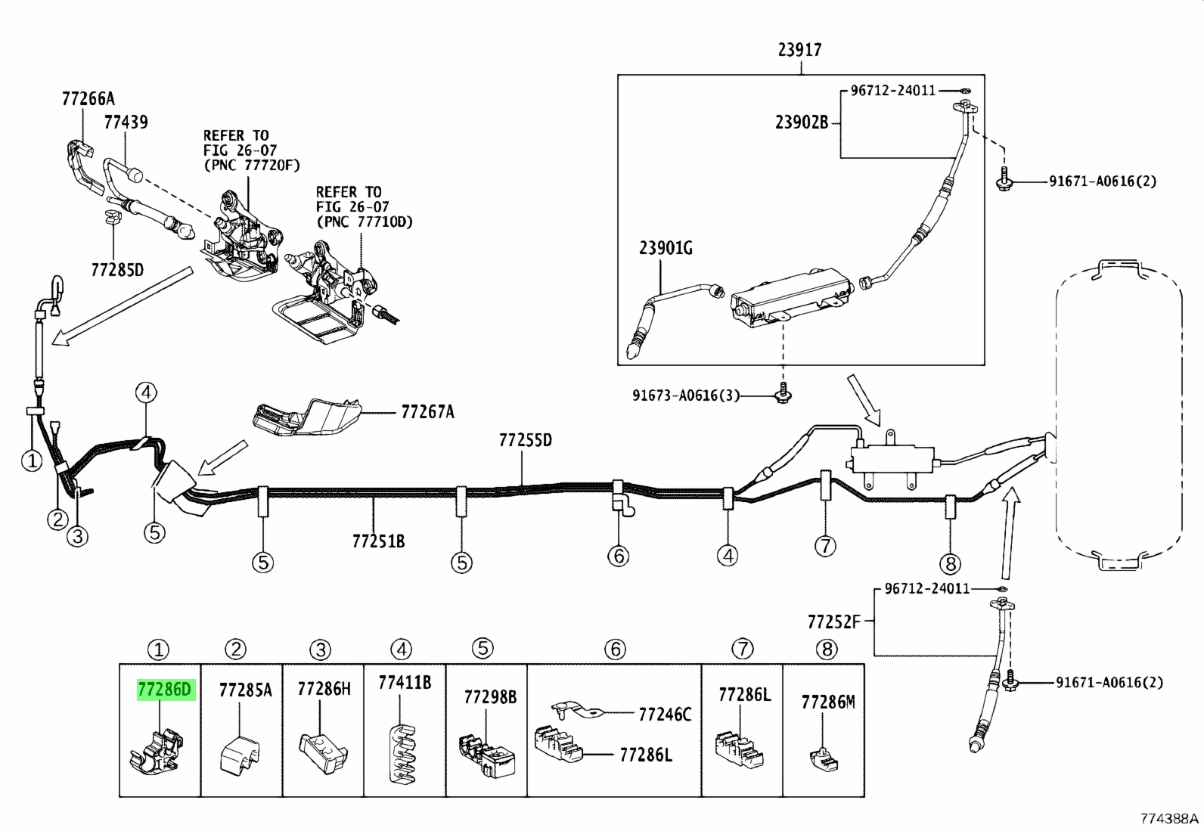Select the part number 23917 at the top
pyautogui.click(x=800, y=50)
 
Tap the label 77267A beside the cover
pyautogui.click(x=427, y=412)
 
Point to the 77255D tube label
pyautogui.click(x=525, y=440)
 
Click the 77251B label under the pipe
pyautogui.click(x=378, y=541)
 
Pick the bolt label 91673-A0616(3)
pyautogui.click(x=685, y=395)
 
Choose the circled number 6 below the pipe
pyautogui.click(x=618, y=556)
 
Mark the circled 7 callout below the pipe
pyautogui.click(x=825, y=546)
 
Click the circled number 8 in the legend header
pyautogui.click(x=827, y=650)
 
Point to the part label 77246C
pyautogui.click(x=665, y=715)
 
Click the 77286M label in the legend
pyautogui.click(x=827, y=702)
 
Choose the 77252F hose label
pyautogui.click(x=833, y=622)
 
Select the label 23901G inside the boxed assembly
pyautogui.click(x=666, y=248)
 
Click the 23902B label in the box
pyautogui.click(x=802, y=122)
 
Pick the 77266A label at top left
pyautogui.click(x=88, y=99)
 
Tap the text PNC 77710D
pyautogui.click(x=365, y=222)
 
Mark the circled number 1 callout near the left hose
pyautogui.click(x=32, y=460)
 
